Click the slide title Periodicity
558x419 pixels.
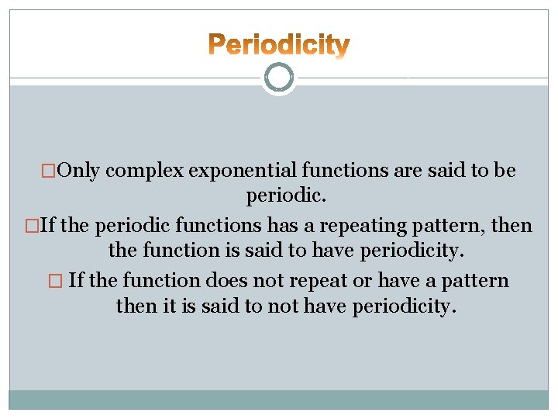click(x=279, y=45)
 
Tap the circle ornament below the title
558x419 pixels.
click(x=279, y=78)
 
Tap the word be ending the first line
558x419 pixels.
click(x=505, y=171)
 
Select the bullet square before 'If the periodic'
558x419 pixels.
click(x=31, y=226)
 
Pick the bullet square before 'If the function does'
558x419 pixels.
click(x=58, y=280)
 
